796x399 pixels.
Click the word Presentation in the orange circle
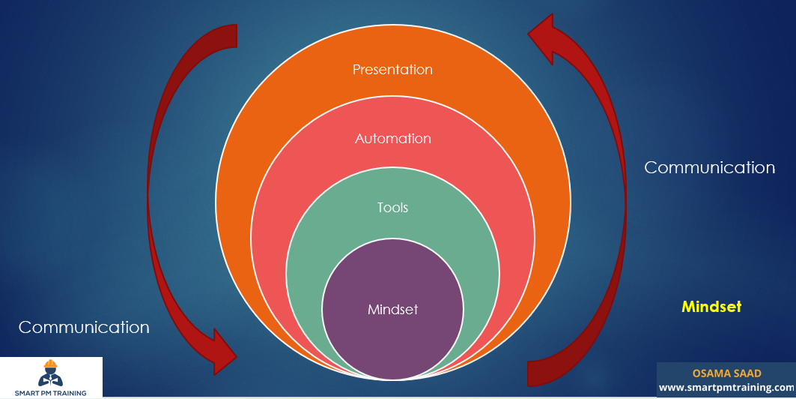(x=392, y=70)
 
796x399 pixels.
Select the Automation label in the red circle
(x=392, y=139)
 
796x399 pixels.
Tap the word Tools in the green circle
(x=392, y=207)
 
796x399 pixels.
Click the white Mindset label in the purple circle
(x=392, y=309)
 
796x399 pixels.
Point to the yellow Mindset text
(x=711, y=307)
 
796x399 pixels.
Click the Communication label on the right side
(x=709, y=168)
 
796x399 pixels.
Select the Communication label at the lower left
(x=84, y=327)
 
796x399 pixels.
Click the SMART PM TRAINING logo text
(x=50, y=392)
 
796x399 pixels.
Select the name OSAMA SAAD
(x=726, y=373)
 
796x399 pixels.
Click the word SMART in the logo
(x=28, y=392)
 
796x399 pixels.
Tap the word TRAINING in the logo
(x=69, y=392)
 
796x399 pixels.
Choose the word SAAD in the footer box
(x=745, y=373)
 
